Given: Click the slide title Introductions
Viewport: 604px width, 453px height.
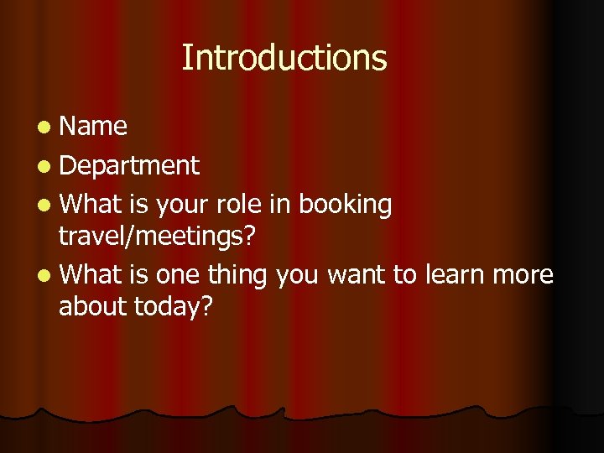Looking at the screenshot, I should coord(284,58).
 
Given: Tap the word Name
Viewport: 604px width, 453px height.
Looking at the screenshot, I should coord(93,127).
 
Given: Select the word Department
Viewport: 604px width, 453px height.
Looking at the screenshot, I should coord(129,166).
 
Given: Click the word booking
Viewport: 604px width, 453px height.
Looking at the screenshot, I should coord(346,205).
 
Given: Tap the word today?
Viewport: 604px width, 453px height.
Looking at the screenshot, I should coord(174,307).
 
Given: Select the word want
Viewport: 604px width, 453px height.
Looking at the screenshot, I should coord(357,275).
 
